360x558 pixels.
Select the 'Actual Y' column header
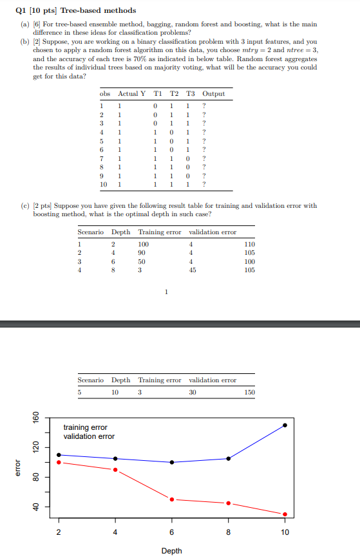click(132, 93)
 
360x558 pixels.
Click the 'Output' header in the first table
click(214, 93)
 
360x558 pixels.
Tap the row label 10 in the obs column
click(103, 184)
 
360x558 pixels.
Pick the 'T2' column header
click(173, 93)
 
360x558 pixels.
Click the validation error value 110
click(250, 245)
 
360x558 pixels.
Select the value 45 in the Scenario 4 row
click(193, 270)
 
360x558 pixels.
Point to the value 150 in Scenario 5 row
click(250, 392)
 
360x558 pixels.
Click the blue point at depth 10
click(285, 425)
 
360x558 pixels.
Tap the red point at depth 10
click(285, 514)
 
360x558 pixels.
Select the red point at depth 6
click(172, 499)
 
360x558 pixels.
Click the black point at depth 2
click(59, 455)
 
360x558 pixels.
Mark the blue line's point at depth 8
click(229, 458)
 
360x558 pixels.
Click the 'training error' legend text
click(85, 427)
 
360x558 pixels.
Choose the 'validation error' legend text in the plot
click(88, 436)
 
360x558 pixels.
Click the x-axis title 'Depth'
click(171, 550)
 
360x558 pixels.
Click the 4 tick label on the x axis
click(115, 532)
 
